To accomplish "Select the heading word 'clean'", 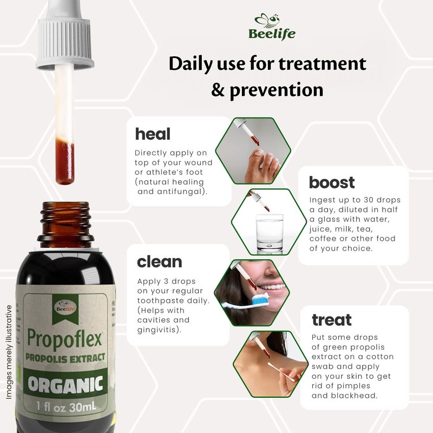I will [159, 261].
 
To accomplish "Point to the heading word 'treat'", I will [331, 320].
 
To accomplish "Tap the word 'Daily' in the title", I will [195, 64].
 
